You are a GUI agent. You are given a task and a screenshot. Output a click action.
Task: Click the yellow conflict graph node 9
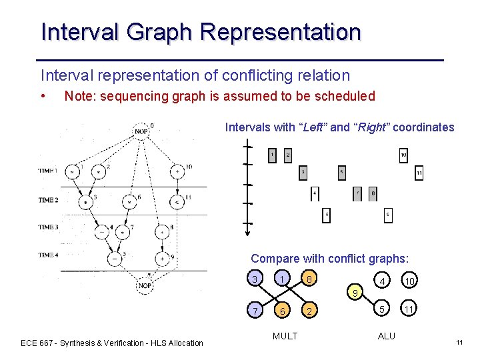[355, 293]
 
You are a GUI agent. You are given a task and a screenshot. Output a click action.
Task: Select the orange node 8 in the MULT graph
[308, 279]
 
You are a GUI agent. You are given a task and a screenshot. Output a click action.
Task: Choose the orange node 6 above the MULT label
[283, 311]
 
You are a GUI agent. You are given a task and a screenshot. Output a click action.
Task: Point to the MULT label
[285, 335]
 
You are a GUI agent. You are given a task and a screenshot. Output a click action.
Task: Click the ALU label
[387, 335]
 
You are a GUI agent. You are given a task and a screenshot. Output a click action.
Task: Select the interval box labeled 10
[403, 155]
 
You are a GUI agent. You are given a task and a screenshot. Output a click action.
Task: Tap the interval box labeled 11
[419, 173]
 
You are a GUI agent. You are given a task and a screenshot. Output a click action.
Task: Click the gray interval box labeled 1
[272, 155]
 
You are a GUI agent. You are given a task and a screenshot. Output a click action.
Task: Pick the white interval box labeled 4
[315, 193]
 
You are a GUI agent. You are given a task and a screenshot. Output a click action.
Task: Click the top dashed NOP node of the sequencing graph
[141, 130]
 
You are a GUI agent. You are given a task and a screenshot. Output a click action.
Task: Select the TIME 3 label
[48, 227]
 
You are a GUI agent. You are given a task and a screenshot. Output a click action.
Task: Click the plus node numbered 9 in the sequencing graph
[162, 257]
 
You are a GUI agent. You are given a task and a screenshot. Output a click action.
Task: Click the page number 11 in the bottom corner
[459, 343]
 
